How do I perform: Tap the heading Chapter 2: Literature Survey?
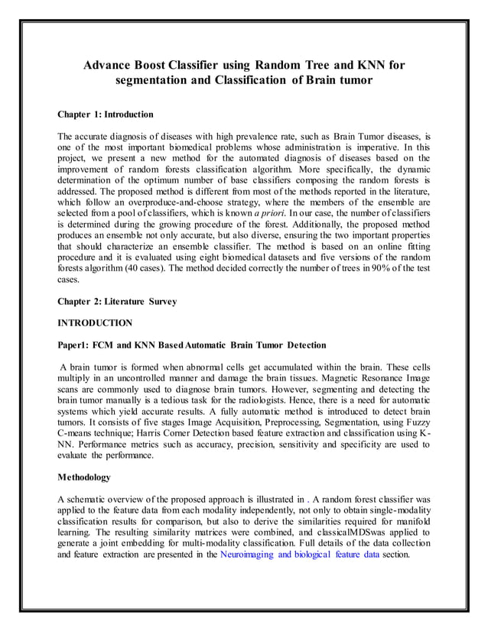117,302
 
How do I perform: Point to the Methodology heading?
84,477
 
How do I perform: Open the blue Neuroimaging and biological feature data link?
299,555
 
